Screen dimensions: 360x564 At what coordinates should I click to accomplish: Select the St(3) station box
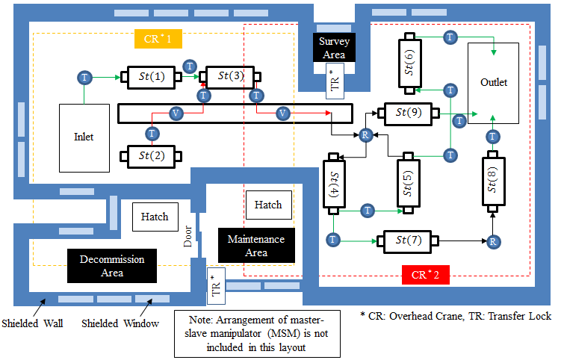[x=230, y=76]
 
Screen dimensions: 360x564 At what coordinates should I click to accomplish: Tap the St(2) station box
[x=147, y=156]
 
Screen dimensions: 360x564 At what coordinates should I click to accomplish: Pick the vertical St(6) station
[x=409, y=61]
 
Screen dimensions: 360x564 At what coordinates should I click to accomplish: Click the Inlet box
[x=84, y=137]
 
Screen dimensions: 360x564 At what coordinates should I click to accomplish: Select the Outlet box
[x=493, y=83]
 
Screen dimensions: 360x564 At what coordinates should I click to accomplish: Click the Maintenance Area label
[x=256, y=246]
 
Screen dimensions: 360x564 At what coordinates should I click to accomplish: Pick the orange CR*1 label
[x=158, y=38]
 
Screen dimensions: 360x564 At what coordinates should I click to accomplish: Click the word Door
[x=189, y=238]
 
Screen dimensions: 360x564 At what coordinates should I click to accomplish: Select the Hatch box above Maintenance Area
[x=268, y=205]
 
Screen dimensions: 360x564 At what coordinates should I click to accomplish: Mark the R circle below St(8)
[x=492, y=241]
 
